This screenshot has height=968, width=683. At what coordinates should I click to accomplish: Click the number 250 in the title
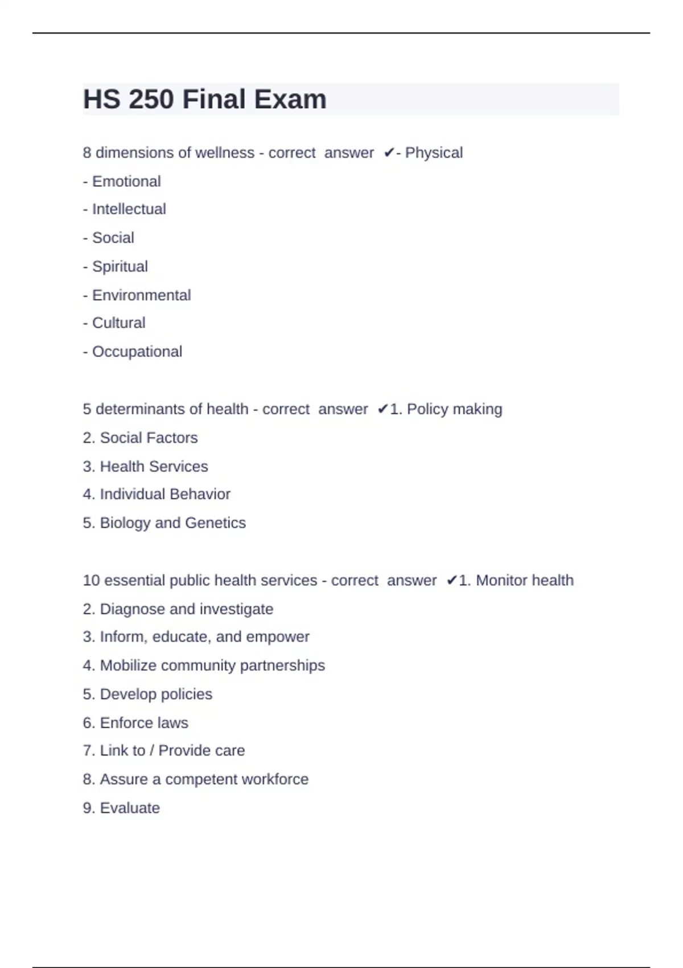tap(151, 100)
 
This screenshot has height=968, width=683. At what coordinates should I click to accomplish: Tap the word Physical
tap(434, 153)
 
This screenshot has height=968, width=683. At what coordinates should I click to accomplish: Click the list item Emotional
tap(126, 182)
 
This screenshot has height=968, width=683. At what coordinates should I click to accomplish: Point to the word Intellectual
tap(129, 210)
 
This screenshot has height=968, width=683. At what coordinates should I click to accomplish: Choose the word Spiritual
tap(120, 266)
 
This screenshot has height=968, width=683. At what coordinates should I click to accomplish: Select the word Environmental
tap(142, 296)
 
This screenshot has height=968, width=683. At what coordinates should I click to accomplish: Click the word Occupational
tap(137, 352)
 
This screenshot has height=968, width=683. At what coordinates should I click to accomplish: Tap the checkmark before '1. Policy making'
tap(382, 409)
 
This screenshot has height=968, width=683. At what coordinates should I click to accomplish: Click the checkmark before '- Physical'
tap(389, 153)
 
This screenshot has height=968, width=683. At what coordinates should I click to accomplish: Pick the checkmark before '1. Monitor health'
tap(451, 581)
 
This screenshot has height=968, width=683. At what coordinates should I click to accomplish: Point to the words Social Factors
tap(149, 438)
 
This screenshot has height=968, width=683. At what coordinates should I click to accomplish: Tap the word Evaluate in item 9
tap(130, 808)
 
